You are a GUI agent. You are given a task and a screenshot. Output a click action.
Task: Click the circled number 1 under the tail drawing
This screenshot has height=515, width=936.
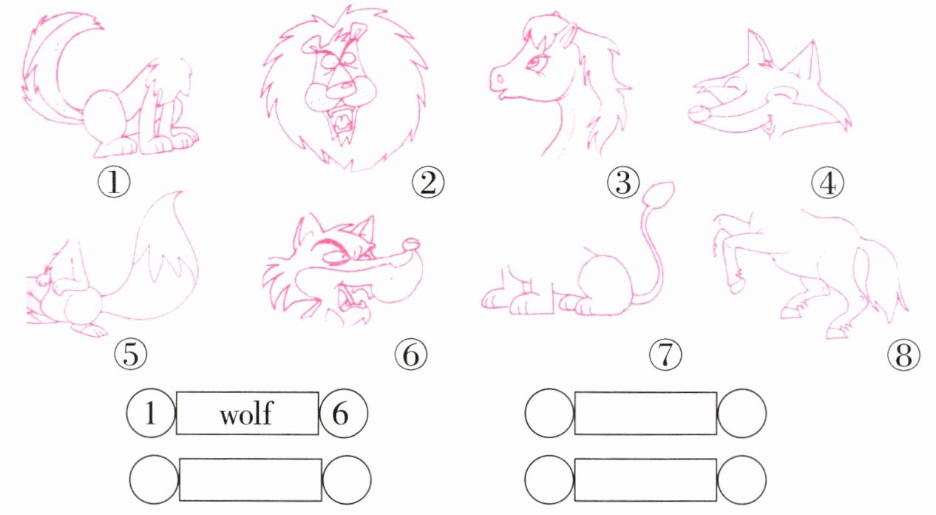click(114, 183)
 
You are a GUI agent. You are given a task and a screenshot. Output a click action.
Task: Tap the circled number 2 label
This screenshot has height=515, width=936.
click(428, 183)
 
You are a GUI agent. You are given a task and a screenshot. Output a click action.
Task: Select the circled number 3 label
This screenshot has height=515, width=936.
click(623, 183)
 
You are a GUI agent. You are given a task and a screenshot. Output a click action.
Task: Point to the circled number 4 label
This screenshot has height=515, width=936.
click(827, 183)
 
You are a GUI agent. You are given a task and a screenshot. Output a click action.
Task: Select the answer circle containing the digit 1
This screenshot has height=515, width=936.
click(152, 413)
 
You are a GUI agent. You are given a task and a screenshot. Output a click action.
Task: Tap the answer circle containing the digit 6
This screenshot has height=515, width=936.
click(344, 413)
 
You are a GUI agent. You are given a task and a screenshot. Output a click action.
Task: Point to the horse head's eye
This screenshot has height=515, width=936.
click(534, 63)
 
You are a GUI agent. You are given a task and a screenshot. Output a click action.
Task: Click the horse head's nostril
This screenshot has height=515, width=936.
click(499, 78)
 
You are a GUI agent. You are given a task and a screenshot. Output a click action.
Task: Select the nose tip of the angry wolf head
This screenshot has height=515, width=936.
click(411, 243)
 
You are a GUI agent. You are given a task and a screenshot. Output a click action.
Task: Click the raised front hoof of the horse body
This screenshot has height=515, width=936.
click(736, 286)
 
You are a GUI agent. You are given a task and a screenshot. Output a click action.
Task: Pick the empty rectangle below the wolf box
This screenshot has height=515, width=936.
click(251, 479)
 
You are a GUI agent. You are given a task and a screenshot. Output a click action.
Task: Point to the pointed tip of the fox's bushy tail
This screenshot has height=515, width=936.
click(181, 192)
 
